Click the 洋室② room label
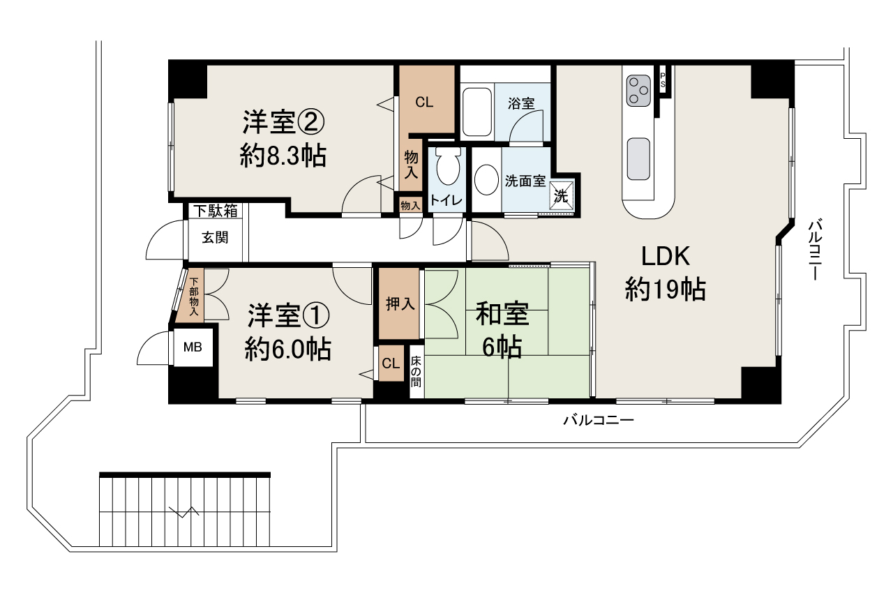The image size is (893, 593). pos(283,123)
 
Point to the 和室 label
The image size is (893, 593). pos(502,315)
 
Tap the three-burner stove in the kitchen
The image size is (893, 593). pos(638,90)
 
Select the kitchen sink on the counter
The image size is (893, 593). pos(638,158)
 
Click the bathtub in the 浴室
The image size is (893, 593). pos(478,112)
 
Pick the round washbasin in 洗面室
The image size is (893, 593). pos(486,181)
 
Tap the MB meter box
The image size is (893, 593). pos(193,346)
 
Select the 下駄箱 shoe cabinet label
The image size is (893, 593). pos(215,210)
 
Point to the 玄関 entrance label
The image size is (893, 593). pos(215,237)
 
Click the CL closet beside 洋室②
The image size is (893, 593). pos(425,102)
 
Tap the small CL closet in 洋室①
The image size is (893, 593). pos(391,363)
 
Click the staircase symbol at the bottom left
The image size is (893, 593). pos(184,511)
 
